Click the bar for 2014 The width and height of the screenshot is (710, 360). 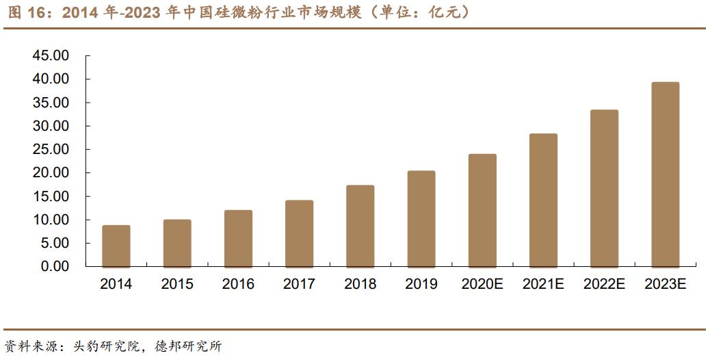click(116, 246)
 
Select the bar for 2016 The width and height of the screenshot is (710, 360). click(238, 238)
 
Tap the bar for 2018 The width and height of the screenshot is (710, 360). click(360, 226)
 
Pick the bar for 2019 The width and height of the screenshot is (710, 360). click(421, 218)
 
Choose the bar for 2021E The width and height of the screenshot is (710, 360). click(543, 200)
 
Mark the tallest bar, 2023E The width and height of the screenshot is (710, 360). click(665, 175)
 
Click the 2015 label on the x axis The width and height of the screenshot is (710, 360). click(177, 284)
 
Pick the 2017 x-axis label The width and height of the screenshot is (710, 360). click(299, 284)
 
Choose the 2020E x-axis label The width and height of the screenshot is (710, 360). click(482, 284)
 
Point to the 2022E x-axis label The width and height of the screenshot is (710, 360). click(604, 284)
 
